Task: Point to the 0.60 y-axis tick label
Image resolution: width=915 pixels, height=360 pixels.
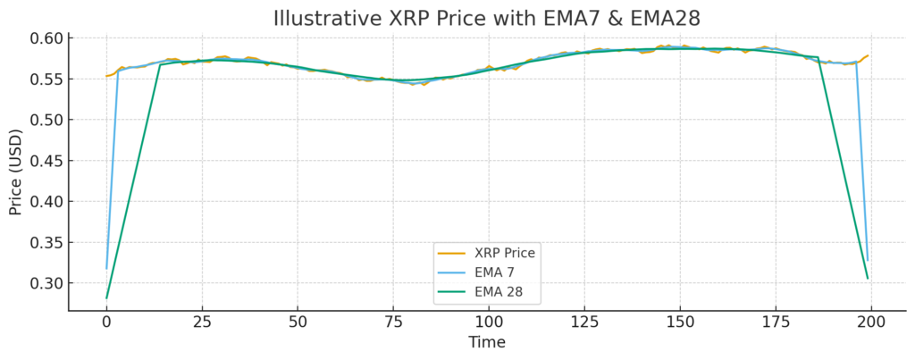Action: [x=47, y=38]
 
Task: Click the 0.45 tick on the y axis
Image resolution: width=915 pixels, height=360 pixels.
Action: [x=47, y=161]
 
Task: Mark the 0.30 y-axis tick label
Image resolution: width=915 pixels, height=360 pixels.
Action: [x=47, y=283]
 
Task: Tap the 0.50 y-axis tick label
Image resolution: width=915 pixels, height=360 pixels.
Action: [x=47, y=120]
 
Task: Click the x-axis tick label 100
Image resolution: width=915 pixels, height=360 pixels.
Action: [x=489, y=321]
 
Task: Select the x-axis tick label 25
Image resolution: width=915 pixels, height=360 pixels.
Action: [x=202, y=321]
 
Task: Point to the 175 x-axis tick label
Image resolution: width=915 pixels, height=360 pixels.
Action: [x=776, y=321]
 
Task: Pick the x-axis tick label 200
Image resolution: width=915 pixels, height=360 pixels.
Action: [x=871, y=321]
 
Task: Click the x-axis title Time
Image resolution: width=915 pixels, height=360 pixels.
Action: [x=487, y=342]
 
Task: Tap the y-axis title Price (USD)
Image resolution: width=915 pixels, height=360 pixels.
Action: [x=16, y=173]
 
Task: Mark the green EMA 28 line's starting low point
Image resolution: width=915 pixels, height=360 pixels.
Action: [x=106, y=298]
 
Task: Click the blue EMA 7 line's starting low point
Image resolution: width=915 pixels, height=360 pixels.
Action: [x=106, y=268]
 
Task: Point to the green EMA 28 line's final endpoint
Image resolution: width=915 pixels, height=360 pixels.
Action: [x=868, y=279]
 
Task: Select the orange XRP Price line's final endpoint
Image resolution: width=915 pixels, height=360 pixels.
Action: [x=868, y=55]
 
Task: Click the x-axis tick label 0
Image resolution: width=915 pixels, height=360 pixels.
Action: [x=106, y=321]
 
